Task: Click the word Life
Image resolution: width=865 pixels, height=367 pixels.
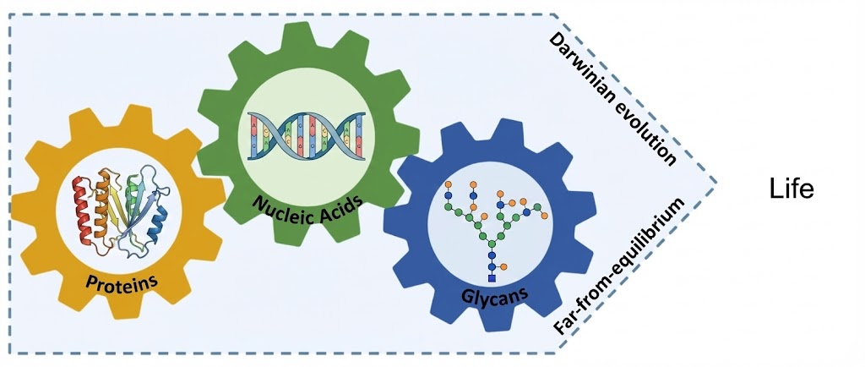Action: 792,189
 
